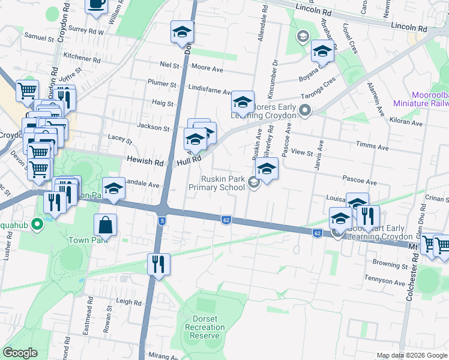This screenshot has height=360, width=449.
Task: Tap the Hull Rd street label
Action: pyautogui.click(x=187, y=162)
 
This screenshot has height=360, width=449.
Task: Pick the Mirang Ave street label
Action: pyautogui.click(x=162, y=356)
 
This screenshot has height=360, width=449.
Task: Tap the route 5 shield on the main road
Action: pyautogui.click(x=162, y=221)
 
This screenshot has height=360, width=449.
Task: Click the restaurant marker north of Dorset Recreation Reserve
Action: pyautogui.click(x=158, y=264)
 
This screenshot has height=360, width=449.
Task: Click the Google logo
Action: pyautogui.click(x=20, y=353)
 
